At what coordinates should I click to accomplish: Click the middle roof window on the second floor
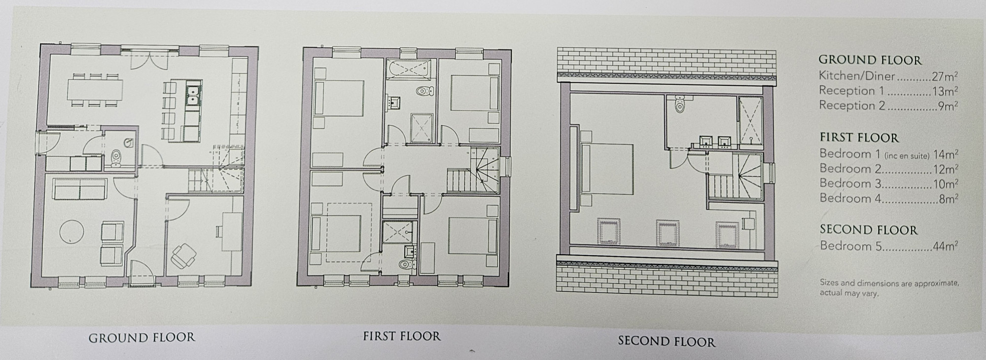[x=668, y=232]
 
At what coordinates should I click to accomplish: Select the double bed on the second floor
[x=606, y=168]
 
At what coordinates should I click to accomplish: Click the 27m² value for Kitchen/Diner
[x=944, y=76]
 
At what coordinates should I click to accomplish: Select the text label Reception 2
[x=852, y=106]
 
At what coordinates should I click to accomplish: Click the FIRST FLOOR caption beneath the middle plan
[x=402, y=336]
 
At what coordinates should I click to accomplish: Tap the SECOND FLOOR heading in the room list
[x=869, y=230]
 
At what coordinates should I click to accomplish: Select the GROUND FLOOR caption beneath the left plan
[x=142, y=338]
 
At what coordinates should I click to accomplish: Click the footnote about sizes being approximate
[x=889, y=288]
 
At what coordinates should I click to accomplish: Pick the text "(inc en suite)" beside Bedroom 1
[x=907, y=156]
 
